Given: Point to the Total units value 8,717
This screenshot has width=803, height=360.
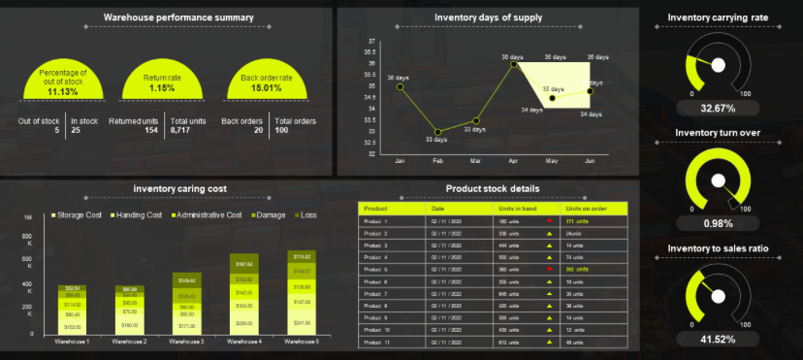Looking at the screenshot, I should (x=180, y=129).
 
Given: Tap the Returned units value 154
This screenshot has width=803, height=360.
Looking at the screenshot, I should (x=150, y=129).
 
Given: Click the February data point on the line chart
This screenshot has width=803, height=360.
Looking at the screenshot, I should (x=437, y=132).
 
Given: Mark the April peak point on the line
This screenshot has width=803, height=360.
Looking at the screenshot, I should (x=514, y=64).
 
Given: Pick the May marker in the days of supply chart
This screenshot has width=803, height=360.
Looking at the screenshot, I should (x=552, y=98).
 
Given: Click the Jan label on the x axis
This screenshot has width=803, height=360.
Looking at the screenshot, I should (x=400, y=160).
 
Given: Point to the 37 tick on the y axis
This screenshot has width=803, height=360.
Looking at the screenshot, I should (x=371, y=42).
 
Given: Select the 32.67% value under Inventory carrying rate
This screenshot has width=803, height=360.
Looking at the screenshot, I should (x=718, y=108).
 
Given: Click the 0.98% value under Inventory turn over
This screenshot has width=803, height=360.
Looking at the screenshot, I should (x=718, y=223).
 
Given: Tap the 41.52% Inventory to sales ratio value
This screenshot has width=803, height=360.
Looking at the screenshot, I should (x=718, y=339).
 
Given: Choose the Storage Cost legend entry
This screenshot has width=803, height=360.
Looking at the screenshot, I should (x=77, y=213).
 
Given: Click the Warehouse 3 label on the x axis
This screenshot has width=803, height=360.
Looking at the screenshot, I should (x=188, y=342).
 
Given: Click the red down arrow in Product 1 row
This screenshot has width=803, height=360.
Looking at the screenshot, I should (x=549, y=221).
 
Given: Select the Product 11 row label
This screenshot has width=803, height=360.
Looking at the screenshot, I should (x=375, y=342).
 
